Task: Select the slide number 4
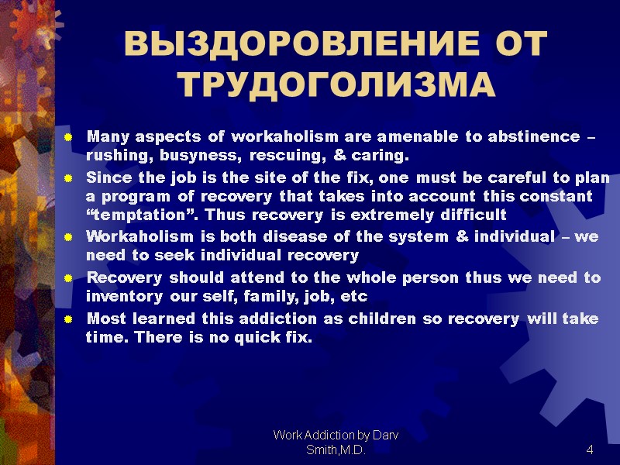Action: click(590, 450)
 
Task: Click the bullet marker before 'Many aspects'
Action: click(68, 138)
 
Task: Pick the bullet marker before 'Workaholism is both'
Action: click(68, 237)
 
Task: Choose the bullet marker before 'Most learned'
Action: click(68, 319)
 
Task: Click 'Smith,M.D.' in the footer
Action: click(336, 450)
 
